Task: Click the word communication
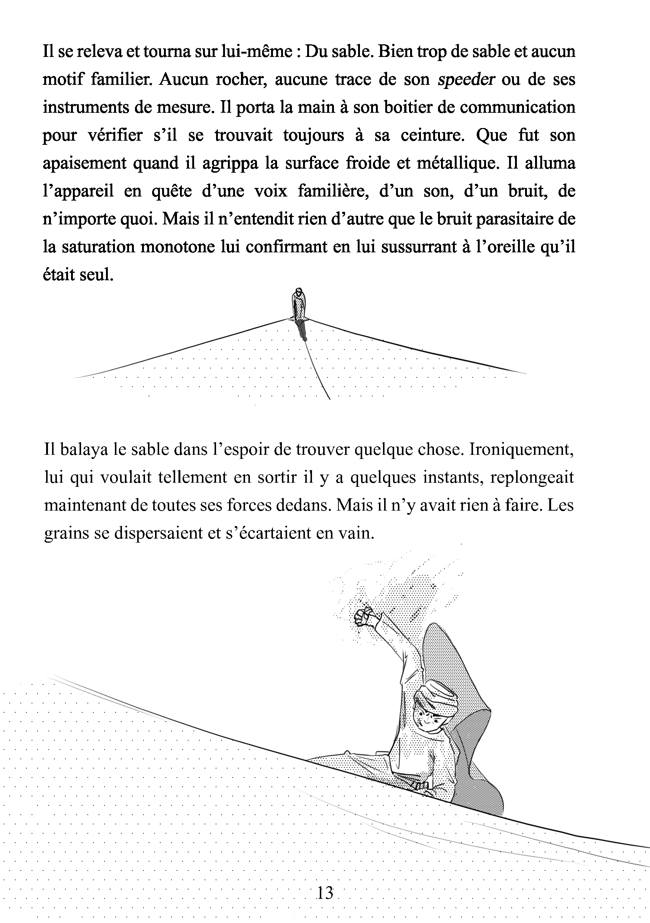tap(517, 108)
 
